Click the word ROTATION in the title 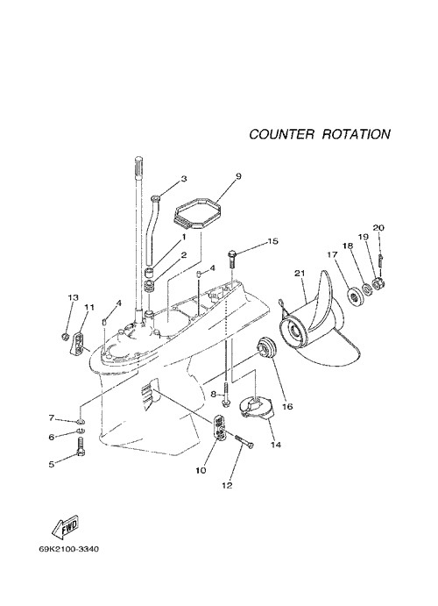pyautogui.click(x=356, y=134)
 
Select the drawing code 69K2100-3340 pyautogui.click(x=68, y=549)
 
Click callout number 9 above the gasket pyautogui.click(x=238, y=176)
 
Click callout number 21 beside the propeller pyautogui.click(x=300, y=274)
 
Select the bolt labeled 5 pyautogui.click(x=81, y=446)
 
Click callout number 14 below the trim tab pyautogui.click(x=275, y=445)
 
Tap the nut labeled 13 pyautogui.click(x=65, y=336)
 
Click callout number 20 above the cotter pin pyautogui.click(x=378, y=228)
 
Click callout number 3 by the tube pyautogui.click(x=184, y=178)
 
